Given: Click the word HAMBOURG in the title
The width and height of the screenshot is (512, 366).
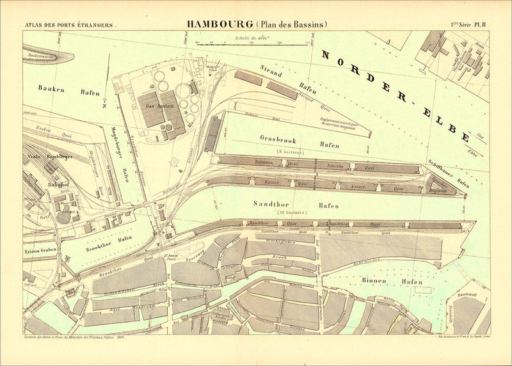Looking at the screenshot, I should (220, 24).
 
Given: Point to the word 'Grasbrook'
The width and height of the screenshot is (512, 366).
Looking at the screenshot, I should (277, 138).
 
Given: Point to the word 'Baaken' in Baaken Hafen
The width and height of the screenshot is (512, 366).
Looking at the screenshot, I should (51, 89).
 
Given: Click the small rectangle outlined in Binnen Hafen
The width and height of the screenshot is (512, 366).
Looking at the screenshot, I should (422, 289).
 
